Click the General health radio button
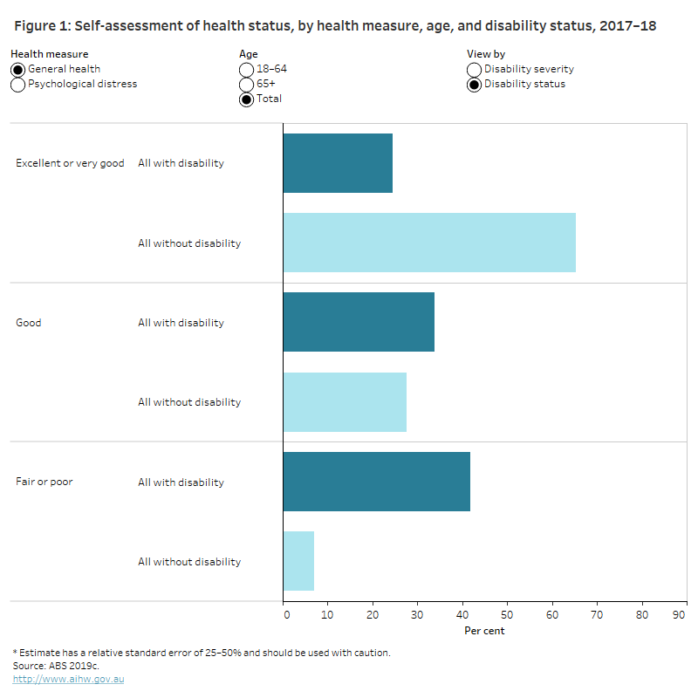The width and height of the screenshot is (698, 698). [17, 69]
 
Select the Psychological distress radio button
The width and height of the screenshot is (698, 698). [17, 85]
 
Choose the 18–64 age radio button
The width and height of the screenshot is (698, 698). [247, 69]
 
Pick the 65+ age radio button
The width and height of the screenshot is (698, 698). [247, 85]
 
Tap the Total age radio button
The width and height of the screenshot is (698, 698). [247, 99]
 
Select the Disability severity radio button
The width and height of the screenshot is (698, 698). [475, 69]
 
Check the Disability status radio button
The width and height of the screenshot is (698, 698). [475, 85]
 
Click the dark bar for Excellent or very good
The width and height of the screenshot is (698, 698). [338, 163]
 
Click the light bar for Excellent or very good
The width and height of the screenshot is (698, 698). [429, 243]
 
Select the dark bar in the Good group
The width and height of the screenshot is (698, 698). [359, 322]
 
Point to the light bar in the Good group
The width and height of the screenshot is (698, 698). [345, 402]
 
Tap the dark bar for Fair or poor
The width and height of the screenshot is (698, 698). [376, 482]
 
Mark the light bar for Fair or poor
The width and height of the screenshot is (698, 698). [298, 562]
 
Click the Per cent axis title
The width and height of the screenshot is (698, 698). [483, 631]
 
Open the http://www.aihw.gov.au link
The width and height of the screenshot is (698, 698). [68, 679]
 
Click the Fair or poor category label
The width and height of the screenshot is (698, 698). [44, 482]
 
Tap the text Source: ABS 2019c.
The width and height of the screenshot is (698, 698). [50, 666]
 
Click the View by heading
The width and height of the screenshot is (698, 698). [486, 54]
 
